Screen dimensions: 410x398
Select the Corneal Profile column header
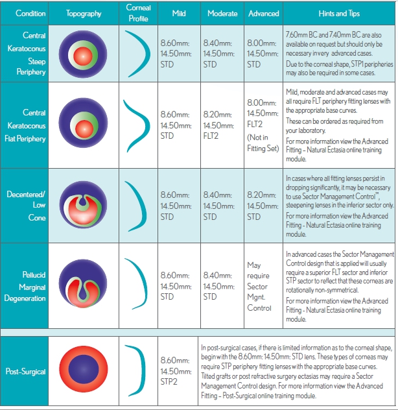(x=138, y=13)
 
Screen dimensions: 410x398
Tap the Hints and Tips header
(x=338, y=13)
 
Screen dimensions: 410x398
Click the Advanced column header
(x=263, y=13)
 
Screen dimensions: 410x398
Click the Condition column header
(x=27, y=13)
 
